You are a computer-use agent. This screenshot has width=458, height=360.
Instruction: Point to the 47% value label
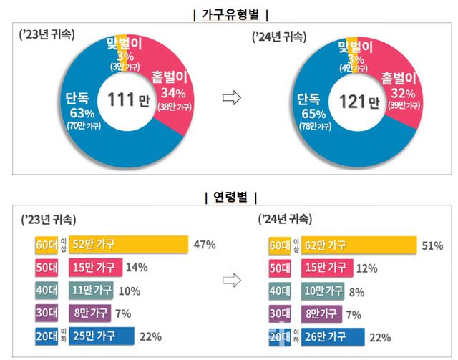point(205,245)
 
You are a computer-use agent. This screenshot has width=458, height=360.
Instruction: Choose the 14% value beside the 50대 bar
point(136,268)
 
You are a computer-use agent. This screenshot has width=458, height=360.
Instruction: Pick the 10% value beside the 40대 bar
point(129,291)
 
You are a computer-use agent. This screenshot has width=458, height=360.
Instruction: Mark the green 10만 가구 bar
point(323,291)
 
